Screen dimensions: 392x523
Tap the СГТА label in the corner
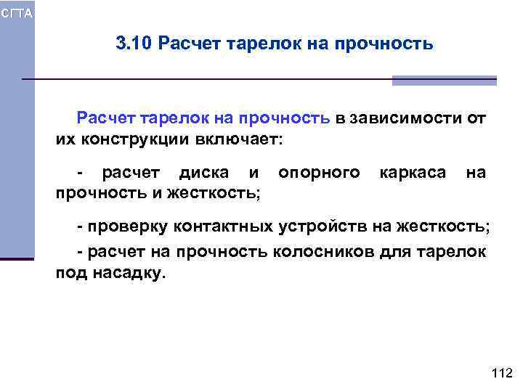coord(16,14)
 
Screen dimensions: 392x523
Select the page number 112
coord(502,373)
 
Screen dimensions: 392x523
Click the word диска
coord(206,173)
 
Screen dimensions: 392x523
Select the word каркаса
coord(411,173)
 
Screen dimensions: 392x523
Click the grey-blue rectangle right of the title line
coord(444,81)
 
